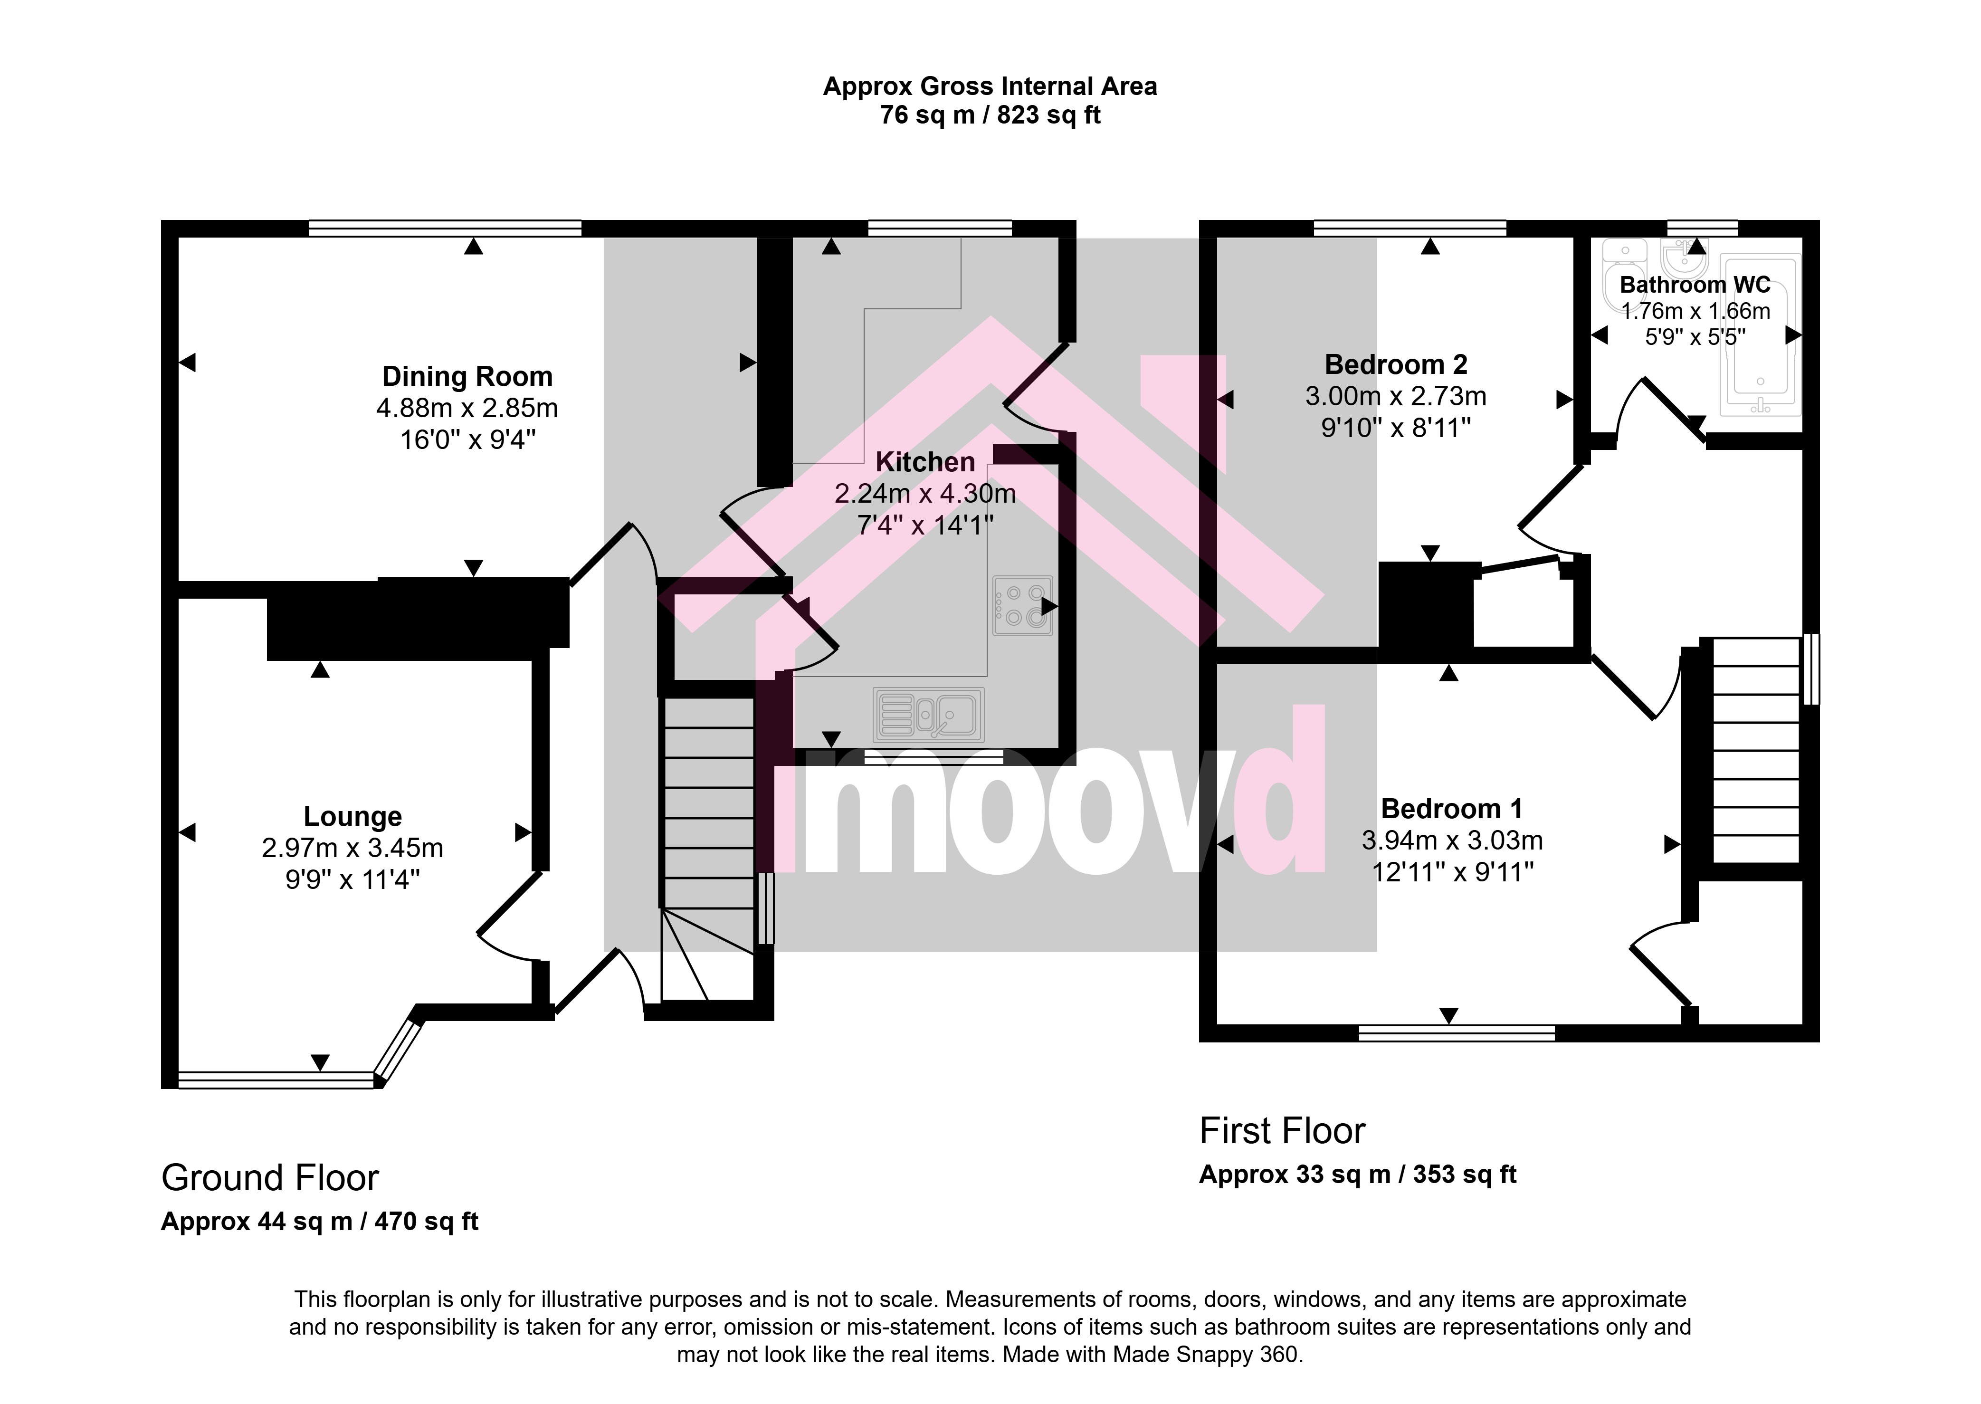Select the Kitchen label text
click(925, 462)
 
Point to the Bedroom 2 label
click(1396, 365)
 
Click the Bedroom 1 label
click(1452, 809)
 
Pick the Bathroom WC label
click(1695, 285)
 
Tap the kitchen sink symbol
click(928, 715)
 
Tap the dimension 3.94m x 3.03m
click(1452, 840)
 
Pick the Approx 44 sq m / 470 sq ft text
click(320, 1222)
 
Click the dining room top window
click(445, 228)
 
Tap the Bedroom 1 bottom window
click(1457, 1032)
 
